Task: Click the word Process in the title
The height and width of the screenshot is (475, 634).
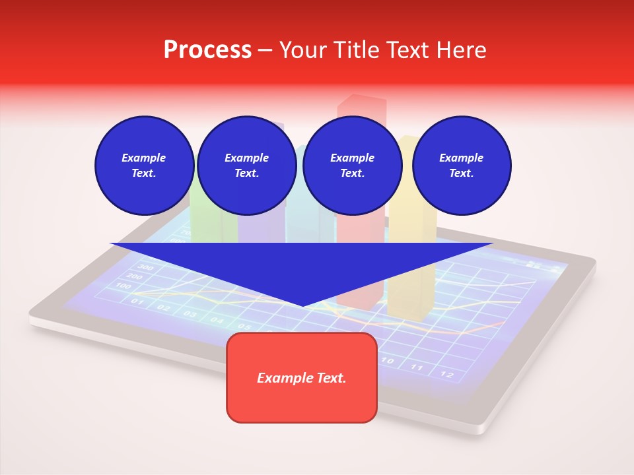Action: [x=207, y=50]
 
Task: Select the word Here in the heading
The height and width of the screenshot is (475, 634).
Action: [x=460, y=50]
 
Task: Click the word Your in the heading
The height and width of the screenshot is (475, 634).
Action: [x=304, y=50]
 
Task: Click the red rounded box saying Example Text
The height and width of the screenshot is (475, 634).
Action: [x=302, y=377]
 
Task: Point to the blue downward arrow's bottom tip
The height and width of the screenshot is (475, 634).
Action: [x=302, y=305]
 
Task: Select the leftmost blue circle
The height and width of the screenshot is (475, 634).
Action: [x=144, y=165]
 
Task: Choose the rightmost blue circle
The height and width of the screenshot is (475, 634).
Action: [x=462, y=165]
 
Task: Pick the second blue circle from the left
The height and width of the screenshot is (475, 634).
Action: [x=246, y=165]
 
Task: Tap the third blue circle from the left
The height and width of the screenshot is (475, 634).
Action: [x=352, y=165]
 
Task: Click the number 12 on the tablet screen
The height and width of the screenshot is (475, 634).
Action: [x=447, y=375]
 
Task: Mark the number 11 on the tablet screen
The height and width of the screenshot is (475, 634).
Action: [x=417, y=367]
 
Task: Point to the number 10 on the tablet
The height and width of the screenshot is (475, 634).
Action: [x=388, y=361]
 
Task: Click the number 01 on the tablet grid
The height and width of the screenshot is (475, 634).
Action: [x=137, y=301]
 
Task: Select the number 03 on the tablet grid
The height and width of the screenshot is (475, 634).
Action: [x=190, y=313]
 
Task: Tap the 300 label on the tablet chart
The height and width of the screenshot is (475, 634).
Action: [x=145, y=267]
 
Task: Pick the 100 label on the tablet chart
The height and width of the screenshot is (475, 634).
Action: [x=123, y=286]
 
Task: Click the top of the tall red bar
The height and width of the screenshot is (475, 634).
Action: [x=361, y=101]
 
